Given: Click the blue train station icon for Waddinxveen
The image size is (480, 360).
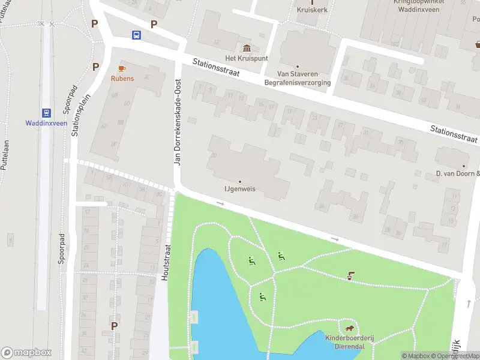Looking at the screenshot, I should [x=46, y=112].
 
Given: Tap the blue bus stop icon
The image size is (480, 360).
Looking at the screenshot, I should [x=137, y=35].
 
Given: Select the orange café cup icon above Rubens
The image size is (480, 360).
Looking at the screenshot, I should [x=122, y=68].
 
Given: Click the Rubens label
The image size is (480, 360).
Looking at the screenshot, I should [x=122, y=79].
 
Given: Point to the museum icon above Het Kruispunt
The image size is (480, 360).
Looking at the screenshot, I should [x=246, y=48].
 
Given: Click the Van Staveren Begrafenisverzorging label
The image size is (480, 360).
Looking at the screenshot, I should [x=298, y=78].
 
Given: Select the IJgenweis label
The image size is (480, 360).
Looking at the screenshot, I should [x=240, y=188].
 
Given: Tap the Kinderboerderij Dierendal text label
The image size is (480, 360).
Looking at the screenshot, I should [x=349, y=342].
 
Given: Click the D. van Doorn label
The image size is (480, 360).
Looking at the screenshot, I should [x=457, y=174].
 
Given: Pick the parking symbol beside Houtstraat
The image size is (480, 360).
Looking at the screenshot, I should [x=114, y=325].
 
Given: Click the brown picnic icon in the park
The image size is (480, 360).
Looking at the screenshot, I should [x=350, y=276].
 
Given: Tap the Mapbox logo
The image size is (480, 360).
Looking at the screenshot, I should [x=26, y=352].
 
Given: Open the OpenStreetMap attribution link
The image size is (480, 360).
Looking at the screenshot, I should [x=454, y=356].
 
